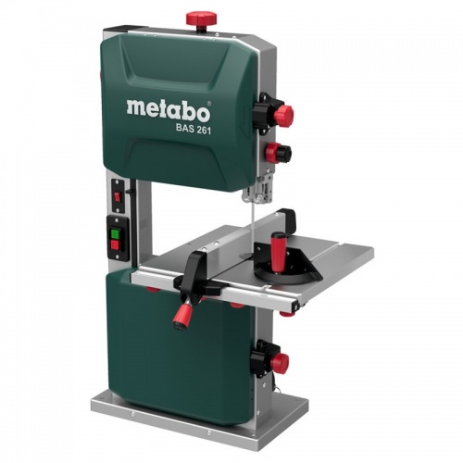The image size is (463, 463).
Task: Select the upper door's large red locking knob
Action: point(282,116)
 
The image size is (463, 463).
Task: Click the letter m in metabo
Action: point(135,107)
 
